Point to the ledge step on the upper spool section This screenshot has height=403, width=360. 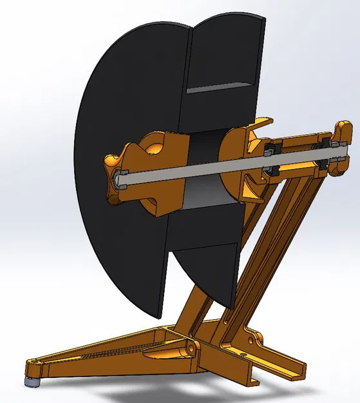click(222, 87)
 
